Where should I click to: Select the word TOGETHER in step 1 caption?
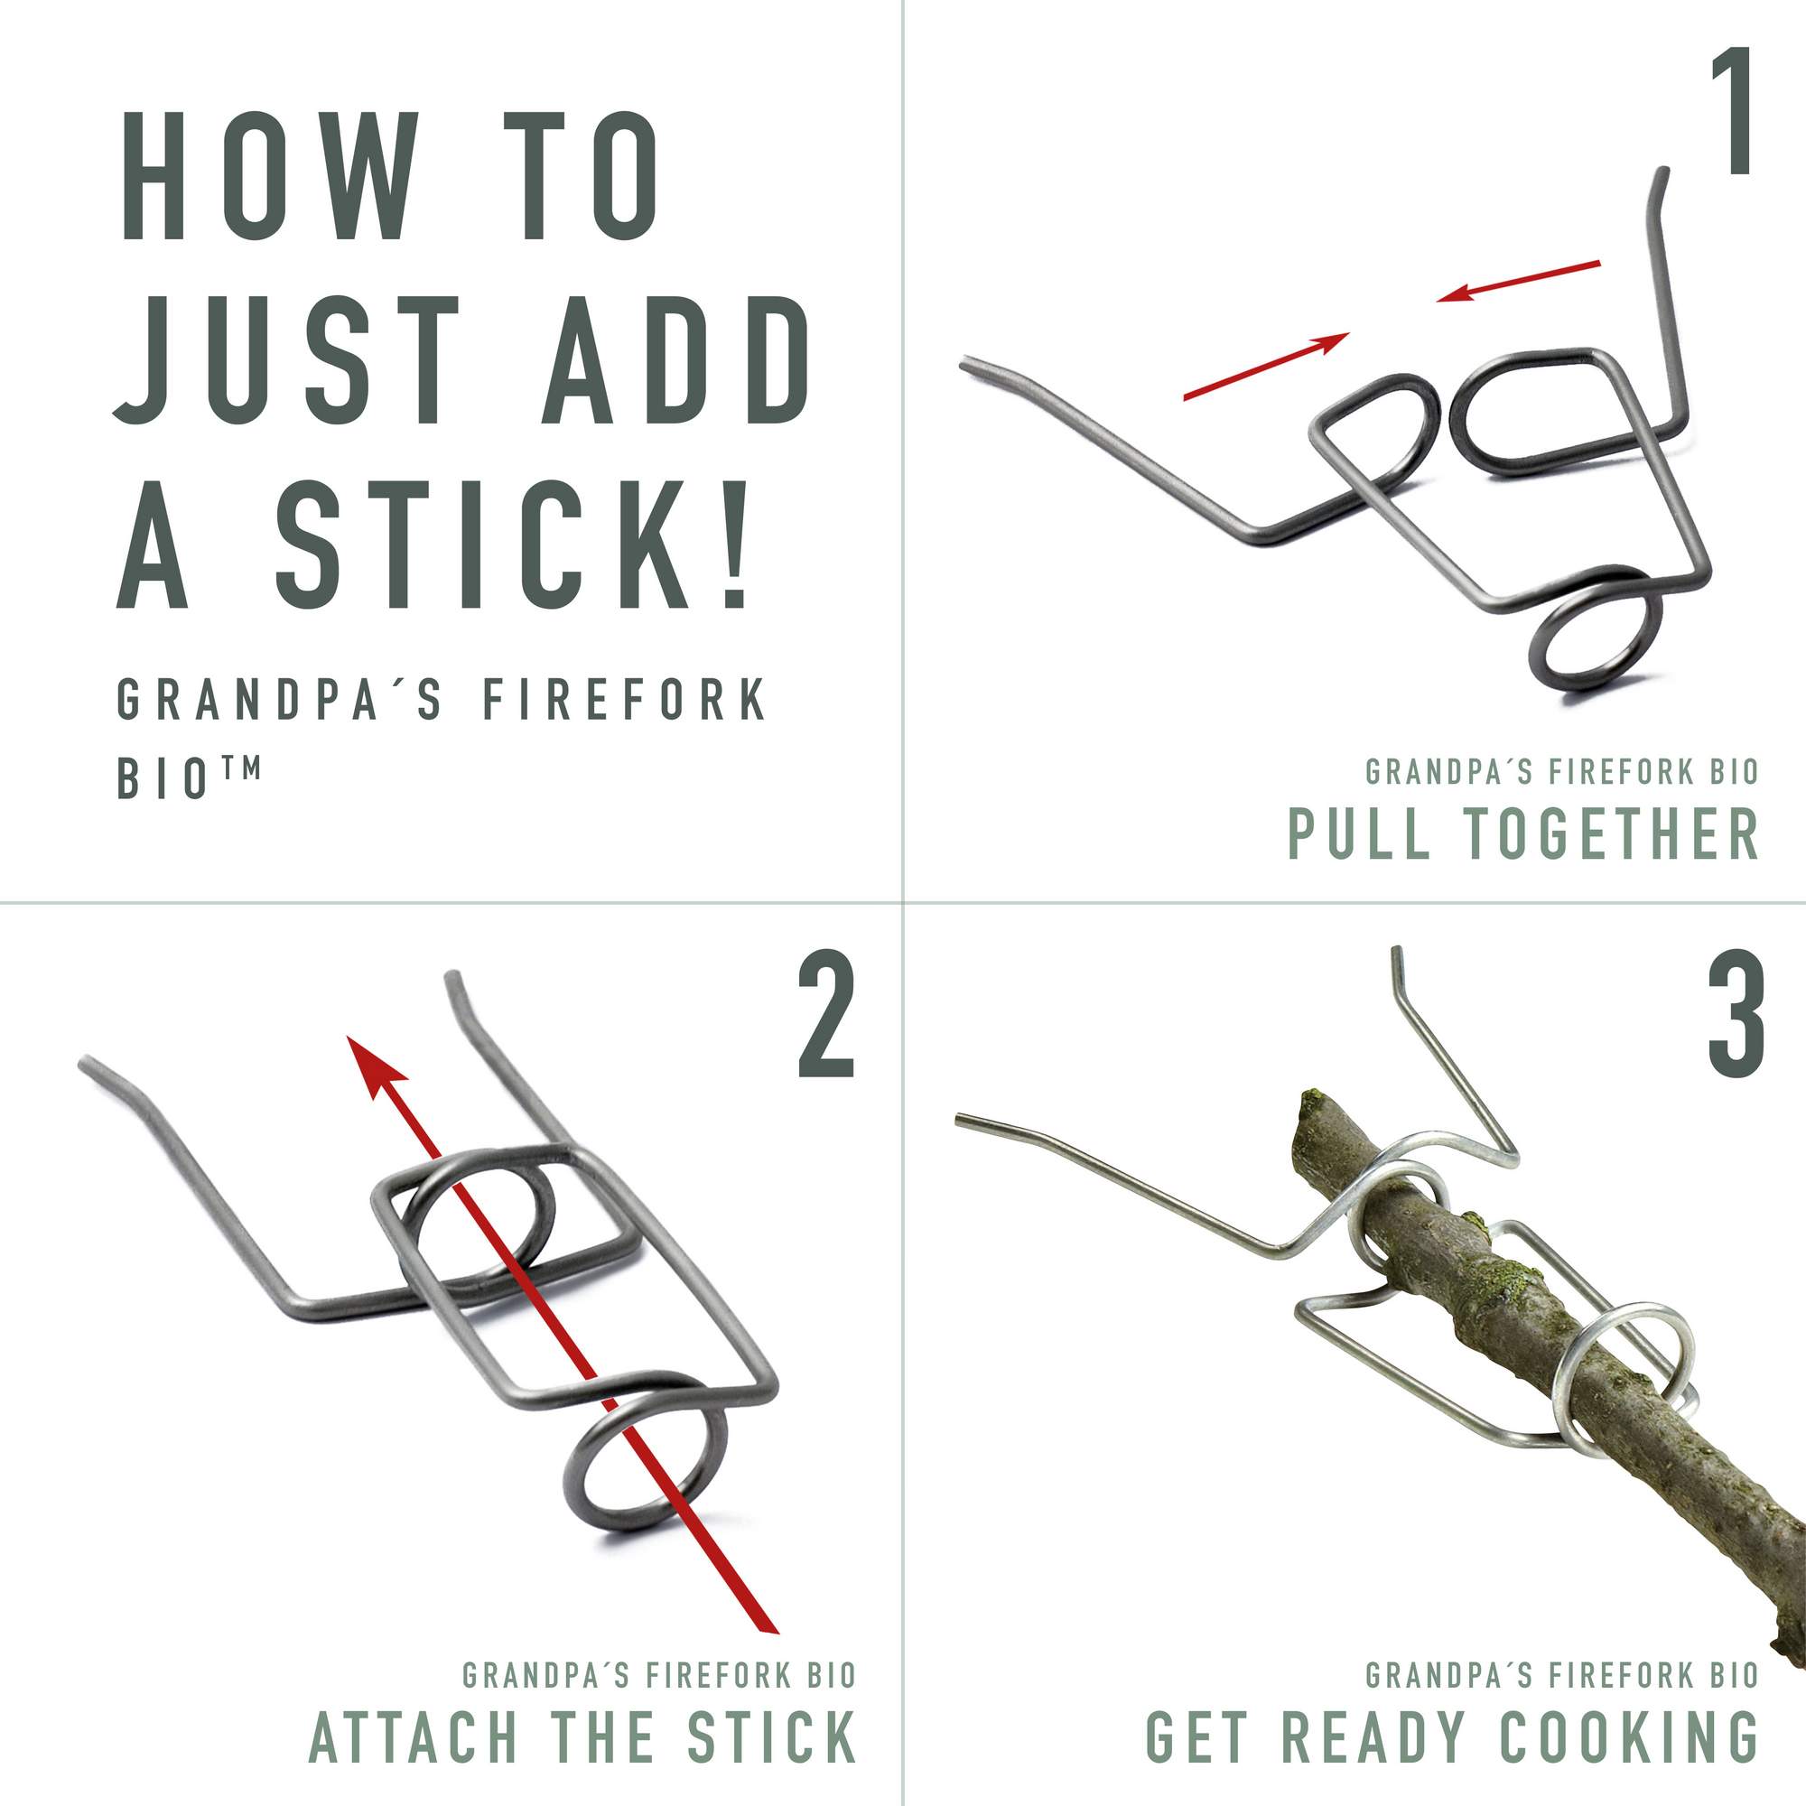(1630, 833)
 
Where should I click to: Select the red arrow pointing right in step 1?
(1267, 366)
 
